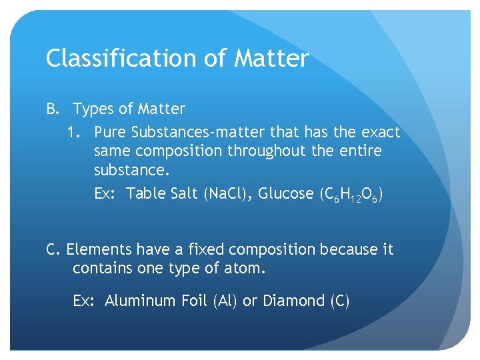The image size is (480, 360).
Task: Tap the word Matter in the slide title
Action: [x=271, y=59]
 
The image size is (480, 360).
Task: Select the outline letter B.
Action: [x=52, y=109]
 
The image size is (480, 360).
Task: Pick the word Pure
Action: [x=111, y=132]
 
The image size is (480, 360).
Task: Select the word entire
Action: [x=358, y=151]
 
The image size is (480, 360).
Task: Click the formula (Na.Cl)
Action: [x=227, y=193]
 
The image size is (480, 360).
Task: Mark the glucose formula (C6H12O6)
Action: [x=351, y=195]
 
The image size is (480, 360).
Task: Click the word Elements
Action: [x=99, y=249]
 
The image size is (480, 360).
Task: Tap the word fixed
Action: [x=205, y=249]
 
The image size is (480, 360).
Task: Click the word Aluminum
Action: [x=141, y=301]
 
